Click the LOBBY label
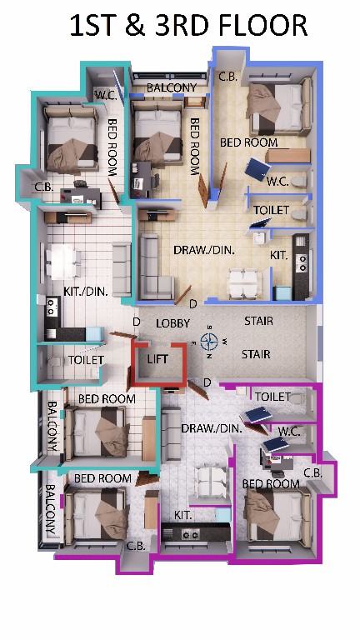[173, 323]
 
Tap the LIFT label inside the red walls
[157, 359]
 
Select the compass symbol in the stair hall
[209, 341]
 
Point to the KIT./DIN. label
[86, 292]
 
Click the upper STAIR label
[258, 321]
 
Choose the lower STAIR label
[256, 354]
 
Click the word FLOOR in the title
[263, 26]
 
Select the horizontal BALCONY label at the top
[172, 87]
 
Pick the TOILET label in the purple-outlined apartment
[272, 397]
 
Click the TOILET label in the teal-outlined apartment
[86, 360]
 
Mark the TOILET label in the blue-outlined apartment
[271, 210]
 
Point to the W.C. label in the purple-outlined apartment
[289, 431]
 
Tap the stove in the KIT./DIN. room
[52, 307]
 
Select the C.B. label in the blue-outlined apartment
[227, 77]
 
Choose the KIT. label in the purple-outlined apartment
[182, 515]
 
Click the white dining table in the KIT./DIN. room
[63, 262]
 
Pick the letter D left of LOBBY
[137, 322]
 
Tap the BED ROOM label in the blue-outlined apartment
[248, 142]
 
